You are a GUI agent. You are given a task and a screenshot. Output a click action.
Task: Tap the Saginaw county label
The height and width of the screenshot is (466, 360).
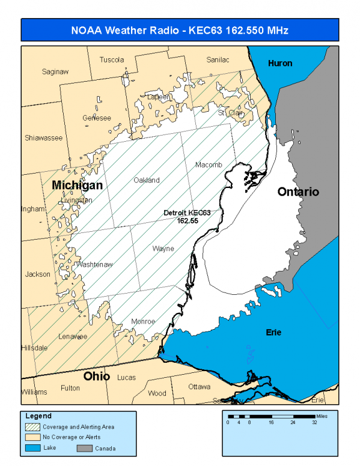coord(55,71)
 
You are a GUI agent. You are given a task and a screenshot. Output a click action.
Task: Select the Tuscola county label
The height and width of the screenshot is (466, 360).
coord(112,59)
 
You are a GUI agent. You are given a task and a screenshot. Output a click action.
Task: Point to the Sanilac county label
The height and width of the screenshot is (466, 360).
coord(218,59)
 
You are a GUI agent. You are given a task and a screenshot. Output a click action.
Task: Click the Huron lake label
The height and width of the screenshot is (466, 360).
coord(279,63)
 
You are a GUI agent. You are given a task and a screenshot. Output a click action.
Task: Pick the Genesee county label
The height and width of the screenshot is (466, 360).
coord(97,118)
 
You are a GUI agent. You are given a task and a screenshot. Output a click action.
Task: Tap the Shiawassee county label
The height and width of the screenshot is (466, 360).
coord(43,138)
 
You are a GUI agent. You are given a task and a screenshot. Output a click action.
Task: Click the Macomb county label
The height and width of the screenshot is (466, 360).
coord(209,165)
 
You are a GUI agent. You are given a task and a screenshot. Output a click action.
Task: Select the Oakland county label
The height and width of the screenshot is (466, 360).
coord(147,180)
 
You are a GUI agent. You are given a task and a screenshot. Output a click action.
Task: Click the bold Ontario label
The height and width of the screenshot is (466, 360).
coord(298,192)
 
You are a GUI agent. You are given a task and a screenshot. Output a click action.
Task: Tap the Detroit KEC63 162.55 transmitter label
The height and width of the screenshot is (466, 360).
coord(188,217)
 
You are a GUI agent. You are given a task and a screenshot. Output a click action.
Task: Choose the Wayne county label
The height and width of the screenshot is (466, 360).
coord(163,248)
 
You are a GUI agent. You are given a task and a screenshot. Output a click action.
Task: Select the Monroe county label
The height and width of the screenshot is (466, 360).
coord(143,321)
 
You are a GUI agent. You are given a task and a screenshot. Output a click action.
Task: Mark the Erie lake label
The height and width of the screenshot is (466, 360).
coord(273,332)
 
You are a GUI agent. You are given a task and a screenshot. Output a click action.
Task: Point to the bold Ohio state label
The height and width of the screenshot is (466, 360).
coord(96,377)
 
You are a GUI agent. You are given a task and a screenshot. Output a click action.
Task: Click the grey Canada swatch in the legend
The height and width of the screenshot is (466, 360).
coord(86,447)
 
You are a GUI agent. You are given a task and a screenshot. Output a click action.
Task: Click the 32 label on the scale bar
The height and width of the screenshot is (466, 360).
coord(314,423)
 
